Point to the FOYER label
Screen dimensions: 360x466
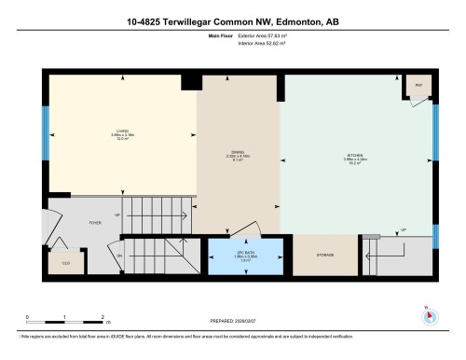(x=94, y=222)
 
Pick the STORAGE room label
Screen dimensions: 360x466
(x=324, y=255)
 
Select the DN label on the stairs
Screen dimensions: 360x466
(x=119, y=255)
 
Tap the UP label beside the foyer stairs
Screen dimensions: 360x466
(x=117, y=215)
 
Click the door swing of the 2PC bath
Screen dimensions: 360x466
(x=244, y=228)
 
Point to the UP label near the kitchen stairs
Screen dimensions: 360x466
(x=403, y=230)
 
